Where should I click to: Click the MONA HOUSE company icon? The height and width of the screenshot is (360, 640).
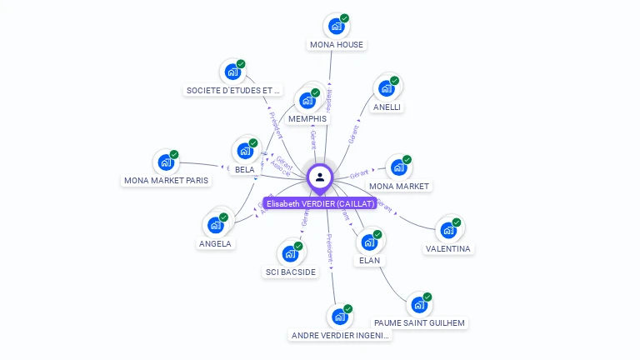[336, 26]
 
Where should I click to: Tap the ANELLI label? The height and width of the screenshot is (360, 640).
[387, 107]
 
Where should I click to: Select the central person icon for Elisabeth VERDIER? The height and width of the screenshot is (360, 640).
[320, 177]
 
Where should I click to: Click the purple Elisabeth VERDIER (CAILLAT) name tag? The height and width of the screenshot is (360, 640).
[320, 203]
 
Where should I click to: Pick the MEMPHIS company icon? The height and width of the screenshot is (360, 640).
[307, 101]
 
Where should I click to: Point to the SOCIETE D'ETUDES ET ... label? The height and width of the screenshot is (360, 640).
[233, 90]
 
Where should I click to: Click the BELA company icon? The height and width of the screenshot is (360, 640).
[245, 151]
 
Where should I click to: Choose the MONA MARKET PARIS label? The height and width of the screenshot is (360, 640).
[167, 180]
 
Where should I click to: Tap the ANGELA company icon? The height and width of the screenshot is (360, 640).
[216, 225]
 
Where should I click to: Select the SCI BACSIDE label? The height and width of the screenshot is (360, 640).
[290, 272]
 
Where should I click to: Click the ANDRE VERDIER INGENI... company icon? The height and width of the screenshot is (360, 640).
[339, 317]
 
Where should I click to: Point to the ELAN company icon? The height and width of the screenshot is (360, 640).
[369, 242]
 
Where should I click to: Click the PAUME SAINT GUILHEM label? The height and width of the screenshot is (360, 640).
[419, 322]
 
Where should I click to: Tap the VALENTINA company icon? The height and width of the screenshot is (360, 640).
[448, 230]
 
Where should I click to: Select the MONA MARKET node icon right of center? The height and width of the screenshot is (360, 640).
[398, 167]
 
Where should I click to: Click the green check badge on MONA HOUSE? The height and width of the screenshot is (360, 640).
[344, 18]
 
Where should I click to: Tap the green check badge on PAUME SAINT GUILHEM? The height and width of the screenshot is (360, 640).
[427, 297]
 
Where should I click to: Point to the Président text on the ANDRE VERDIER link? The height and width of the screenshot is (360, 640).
[330, 248]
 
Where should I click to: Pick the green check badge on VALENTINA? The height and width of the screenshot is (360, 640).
[457, 222]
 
